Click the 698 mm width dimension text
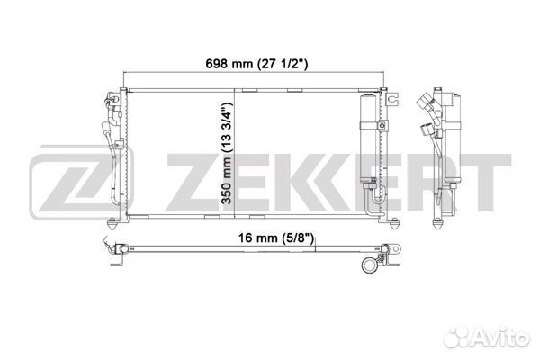pos(256,64)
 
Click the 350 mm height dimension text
pos(228,153)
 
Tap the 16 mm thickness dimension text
pos(276,238)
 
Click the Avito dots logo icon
pos(457,336)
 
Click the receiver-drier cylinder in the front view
pos(368,137)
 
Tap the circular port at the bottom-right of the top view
pos(370,265)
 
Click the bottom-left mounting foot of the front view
pos(112,225)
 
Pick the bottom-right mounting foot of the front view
pos(395,224)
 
